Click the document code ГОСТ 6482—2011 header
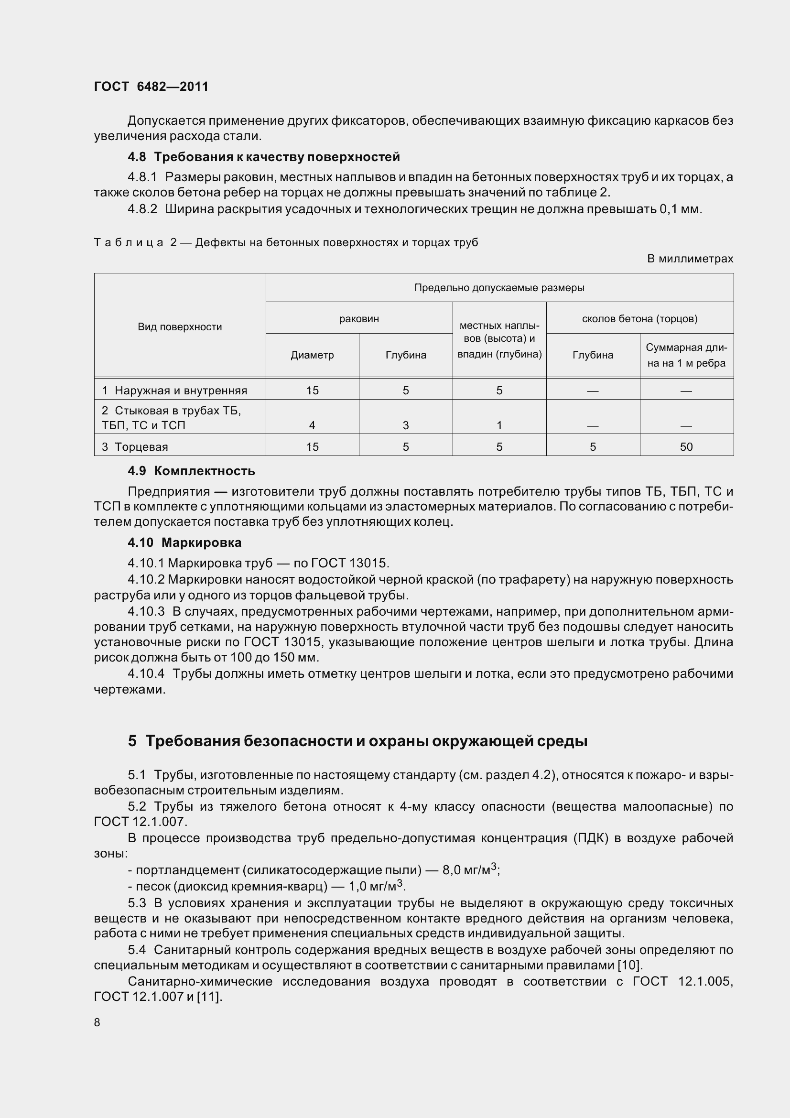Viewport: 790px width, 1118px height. [x=151, y=87]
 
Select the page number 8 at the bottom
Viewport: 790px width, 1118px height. [x=97, y=1022]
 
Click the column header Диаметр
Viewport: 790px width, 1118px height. [x=312, y=355]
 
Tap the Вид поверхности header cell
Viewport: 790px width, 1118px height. [x=180, y=327]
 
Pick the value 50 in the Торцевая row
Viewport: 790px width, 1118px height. [x=686, y=446]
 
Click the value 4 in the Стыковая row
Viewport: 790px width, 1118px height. [x=312, y=425]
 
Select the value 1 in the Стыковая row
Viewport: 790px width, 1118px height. [x=499, y=425]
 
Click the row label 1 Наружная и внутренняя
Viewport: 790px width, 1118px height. [x=174, y=391]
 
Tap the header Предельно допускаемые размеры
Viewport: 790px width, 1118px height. [x=499, y=288]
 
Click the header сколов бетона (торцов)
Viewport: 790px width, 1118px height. [x=639, y=318]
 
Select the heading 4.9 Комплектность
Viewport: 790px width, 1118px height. [x=191, y=471]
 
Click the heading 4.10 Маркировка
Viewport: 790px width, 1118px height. [x=184, y=543]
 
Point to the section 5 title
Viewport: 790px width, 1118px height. [x=358, y=741]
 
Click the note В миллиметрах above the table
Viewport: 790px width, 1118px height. [x=690, y=259]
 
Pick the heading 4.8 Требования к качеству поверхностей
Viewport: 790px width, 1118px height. [x=264, y=157]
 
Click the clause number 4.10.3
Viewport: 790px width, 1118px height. [x=146, y=612]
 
